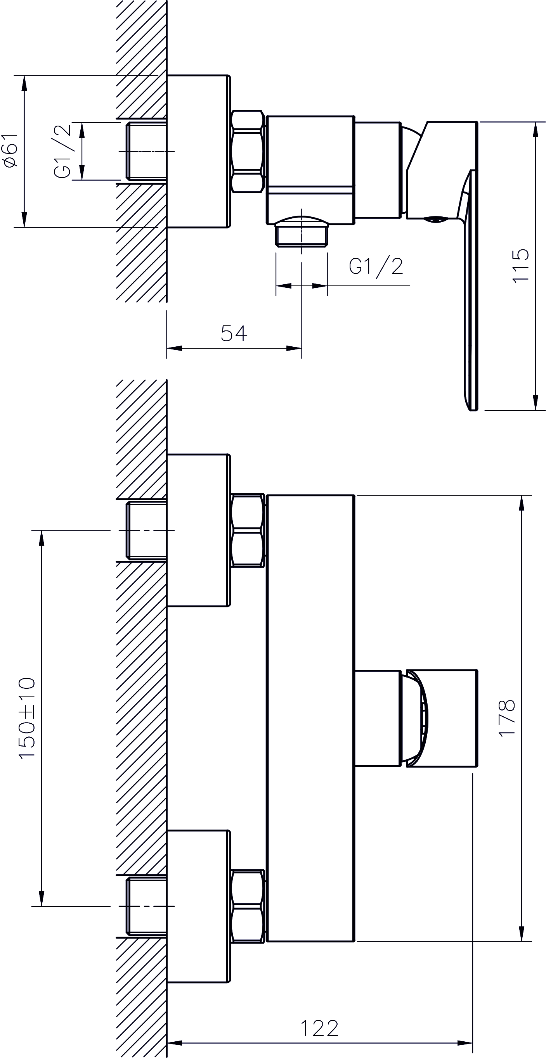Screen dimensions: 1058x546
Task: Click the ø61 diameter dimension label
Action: tap(11, 150)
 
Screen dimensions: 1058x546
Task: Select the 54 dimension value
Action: tap(234, 333)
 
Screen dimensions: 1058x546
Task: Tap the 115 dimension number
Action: tap(520, 265)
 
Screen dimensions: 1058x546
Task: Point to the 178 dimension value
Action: tap(506, 717)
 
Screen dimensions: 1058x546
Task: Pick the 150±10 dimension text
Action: tap(27, 718)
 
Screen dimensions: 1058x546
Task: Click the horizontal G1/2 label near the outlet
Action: tap(376, 266)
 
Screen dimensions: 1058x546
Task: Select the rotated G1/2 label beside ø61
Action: tap(62, 151)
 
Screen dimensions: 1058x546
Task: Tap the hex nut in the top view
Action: tap(247, 151)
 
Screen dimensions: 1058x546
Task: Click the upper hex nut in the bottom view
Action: tap(247, 530)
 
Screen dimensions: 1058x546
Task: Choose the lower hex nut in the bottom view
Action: tap(247, 906)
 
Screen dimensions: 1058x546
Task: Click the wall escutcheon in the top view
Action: tap(198, 151)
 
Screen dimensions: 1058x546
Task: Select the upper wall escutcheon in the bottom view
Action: tap(198, 530)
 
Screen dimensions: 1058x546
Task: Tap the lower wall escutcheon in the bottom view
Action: tap(198, 906)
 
